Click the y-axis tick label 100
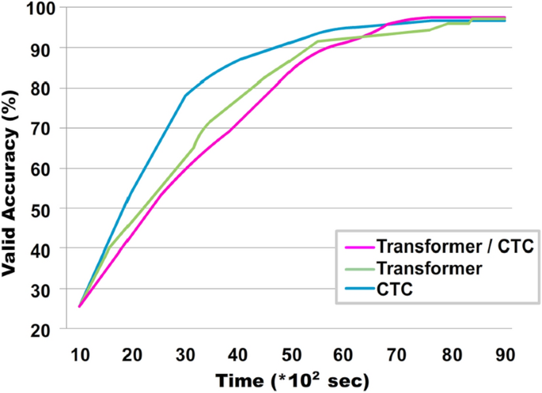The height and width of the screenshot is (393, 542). pos(46,9)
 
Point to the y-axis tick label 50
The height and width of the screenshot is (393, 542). pos(49,209)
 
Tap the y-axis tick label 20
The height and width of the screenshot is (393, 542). pos(49,330)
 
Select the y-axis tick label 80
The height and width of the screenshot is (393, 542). pos(49,89)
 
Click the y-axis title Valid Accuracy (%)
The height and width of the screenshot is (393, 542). pos(13,170)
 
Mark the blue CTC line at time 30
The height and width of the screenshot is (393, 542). pos(185,96)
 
